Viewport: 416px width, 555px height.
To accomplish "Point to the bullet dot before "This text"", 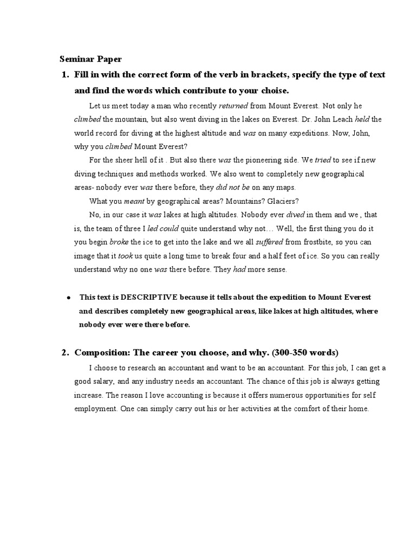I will coord(69,298).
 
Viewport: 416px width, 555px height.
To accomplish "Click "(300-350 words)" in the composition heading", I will coord(305,353).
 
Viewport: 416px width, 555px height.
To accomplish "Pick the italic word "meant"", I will coord(134,201).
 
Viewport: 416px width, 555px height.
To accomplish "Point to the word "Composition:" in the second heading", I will coord(101,353).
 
